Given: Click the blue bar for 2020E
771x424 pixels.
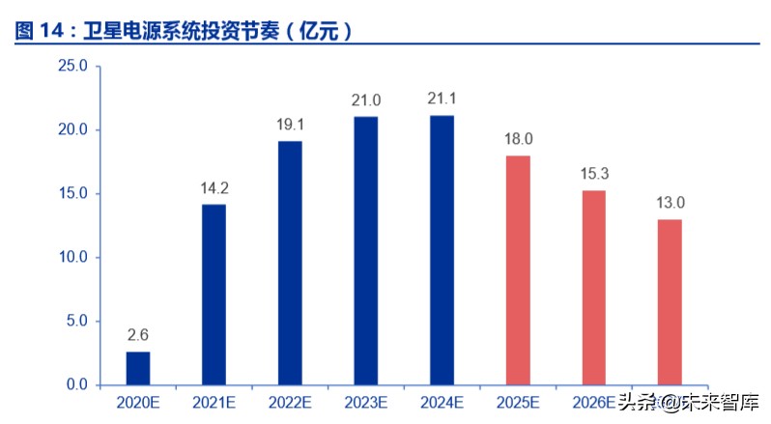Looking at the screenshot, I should [x=138, y=368].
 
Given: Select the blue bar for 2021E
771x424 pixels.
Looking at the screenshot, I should [x=214, y=295].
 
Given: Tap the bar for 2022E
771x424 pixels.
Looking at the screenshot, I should [x=290, y=263].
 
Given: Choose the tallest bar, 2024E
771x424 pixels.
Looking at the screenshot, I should [x=442, y=250].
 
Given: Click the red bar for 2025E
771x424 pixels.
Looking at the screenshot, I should [x=518, y=270].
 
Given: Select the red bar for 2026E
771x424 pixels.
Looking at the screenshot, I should [x=593, y=288].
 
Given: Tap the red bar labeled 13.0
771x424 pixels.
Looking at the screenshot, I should [x=670, y=302].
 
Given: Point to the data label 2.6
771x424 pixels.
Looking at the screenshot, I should [x=138, y=335].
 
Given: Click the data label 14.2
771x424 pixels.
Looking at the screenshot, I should [x=214, y=187].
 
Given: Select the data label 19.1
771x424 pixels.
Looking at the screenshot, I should [x=290, y=125].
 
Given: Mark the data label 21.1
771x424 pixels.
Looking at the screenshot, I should [x=442, y=99].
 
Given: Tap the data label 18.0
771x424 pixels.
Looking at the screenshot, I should [x=518, y=139].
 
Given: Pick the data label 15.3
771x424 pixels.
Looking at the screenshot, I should [x=593, y=174].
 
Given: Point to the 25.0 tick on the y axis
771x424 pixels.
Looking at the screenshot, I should [x=72, y=66].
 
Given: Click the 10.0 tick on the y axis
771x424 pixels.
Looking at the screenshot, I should [x=72, y=257].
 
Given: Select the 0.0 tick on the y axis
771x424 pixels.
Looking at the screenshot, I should [x=76, y=384].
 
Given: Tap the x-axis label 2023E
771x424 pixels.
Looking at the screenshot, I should [x=365, y=401].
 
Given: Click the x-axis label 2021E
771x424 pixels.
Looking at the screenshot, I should [x=214, y=401].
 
